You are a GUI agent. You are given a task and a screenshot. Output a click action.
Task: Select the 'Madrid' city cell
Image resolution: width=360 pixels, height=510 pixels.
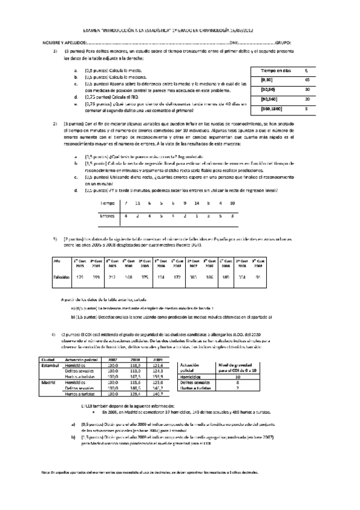[48, 381]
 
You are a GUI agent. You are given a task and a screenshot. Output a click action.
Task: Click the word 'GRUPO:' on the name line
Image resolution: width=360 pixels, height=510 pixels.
[284, 43]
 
